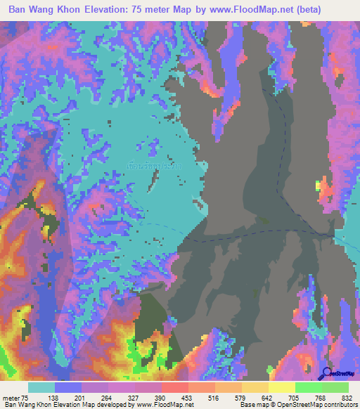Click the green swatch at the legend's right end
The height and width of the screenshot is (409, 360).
click(335, 387)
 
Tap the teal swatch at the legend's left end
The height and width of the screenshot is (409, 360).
click(41, 387)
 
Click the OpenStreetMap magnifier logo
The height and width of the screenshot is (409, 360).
click(328, 373)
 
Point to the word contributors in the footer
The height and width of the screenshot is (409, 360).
click(337, 405)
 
